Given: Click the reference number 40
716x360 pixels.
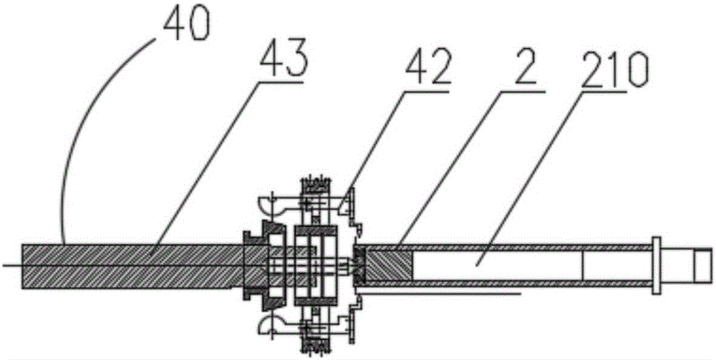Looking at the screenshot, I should point(184,24).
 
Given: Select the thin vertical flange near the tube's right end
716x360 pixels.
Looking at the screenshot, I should point(654,266).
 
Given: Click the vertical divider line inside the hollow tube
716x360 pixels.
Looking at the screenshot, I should point(583,266).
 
